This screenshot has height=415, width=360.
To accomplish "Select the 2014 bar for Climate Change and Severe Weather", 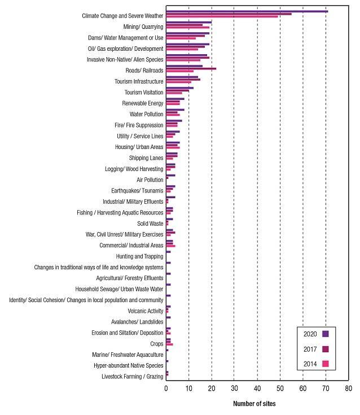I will tap(222, 16).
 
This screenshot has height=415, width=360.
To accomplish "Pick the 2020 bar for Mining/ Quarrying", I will tap(188, 22).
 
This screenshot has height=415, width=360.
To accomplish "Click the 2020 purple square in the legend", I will tap(326, 333).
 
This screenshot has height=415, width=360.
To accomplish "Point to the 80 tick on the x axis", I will tap(348, 389).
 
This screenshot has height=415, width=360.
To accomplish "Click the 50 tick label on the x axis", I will tap(280, 389).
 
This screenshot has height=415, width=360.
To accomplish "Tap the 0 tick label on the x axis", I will tap(166, 389).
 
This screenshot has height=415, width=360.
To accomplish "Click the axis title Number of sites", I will tap(254, 404).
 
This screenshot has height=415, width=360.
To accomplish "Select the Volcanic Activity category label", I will tap(146, 311).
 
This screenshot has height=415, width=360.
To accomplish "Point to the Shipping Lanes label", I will tap(146, 158).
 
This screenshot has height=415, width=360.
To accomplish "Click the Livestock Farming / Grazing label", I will tap(133, 377).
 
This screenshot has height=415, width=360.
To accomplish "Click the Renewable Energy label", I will tap(143, 103).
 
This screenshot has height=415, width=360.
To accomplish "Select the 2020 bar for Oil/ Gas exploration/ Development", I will tap(187, 44).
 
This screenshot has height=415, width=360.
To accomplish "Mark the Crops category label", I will tap(156, 343).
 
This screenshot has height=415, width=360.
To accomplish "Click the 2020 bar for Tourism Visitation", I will tap(179, 88).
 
